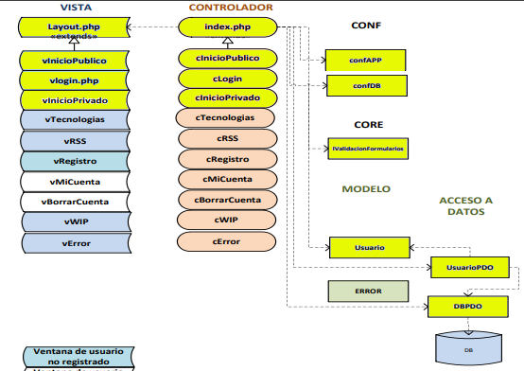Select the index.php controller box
pos(227,29)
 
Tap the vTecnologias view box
pos(75,120)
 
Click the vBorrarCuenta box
pos(75,202)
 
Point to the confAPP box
pos(365,60)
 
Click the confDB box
pos(365,87)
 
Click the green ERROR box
pos(367,291)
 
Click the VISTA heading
pos(76,8)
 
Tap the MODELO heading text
pos(365,189)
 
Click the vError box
pos(75,242)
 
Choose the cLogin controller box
pos(227,79)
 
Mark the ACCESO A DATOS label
pos(466,206)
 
